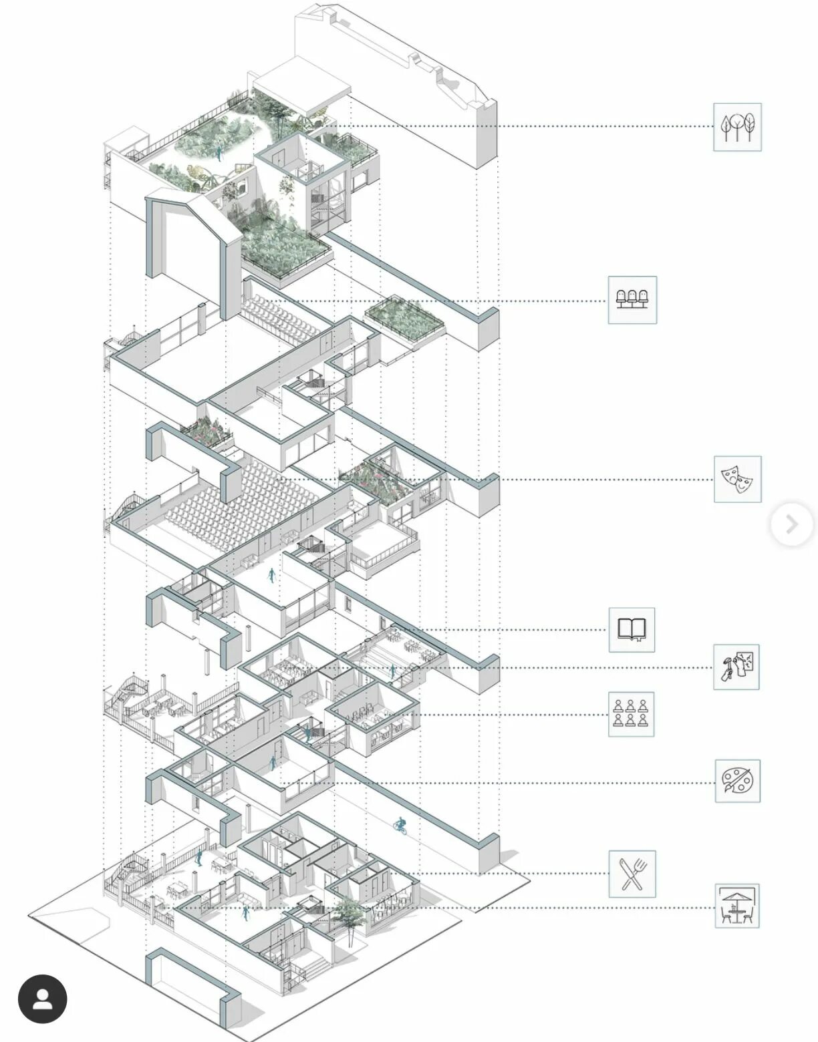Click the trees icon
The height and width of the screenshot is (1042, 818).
[x=737, y=127]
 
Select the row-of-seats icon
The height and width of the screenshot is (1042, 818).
[x=632, y=300]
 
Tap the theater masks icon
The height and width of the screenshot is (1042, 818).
[x=737, y=479]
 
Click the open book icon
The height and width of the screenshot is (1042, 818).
[x=632, y=630]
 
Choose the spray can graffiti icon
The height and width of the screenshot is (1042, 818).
[x=736, y=667]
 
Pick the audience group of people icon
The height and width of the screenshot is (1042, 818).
[x=631, y=714]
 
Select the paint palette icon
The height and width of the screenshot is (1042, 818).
[x=737, y=781]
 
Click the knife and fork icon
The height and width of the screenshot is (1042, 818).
[x=632, y=874]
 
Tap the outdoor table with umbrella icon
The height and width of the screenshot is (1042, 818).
[x=736, y=906]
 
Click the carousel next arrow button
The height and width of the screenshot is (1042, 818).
[x=791, y=524]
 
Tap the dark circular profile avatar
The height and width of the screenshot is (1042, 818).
[x=43, y=999]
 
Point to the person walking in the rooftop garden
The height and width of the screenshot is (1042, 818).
[x=217, y=153]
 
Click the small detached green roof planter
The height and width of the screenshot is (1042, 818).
[x=404, y=317]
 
